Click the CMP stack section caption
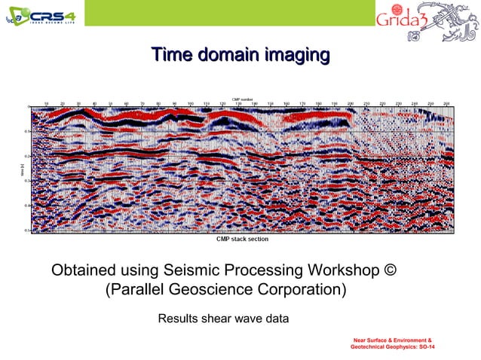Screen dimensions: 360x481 [x=242, y=239]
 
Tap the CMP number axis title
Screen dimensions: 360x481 [x=242, y=99]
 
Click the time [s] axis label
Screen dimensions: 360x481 [x=23, y=171]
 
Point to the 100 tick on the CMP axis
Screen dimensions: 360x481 [x=191, y=103]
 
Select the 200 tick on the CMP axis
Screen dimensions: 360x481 [x=351, y=103]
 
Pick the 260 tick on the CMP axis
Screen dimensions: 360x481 [x=446, y=103]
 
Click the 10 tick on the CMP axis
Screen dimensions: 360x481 [x=47, y=103]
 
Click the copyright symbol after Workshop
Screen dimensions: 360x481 [x=400, y=270]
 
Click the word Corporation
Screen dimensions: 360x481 [x=303, y=290]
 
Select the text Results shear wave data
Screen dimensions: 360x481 [x=222, y=319]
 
